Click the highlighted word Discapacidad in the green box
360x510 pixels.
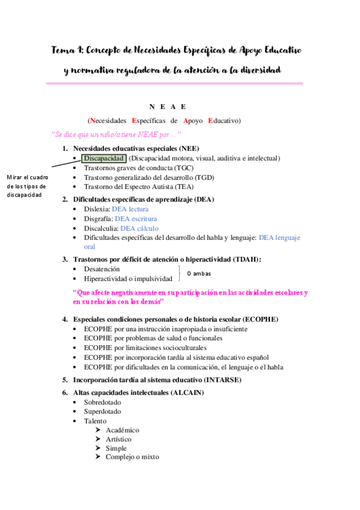[103, 158]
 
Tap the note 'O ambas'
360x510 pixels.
[199, 274]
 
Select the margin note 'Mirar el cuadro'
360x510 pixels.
[28, 177]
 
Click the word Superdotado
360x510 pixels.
[102, 411]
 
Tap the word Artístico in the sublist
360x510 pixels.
[118, 439]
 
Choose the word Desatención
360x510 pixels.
[102, 269]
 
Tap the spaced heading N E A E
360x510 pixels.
[168, 106]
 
